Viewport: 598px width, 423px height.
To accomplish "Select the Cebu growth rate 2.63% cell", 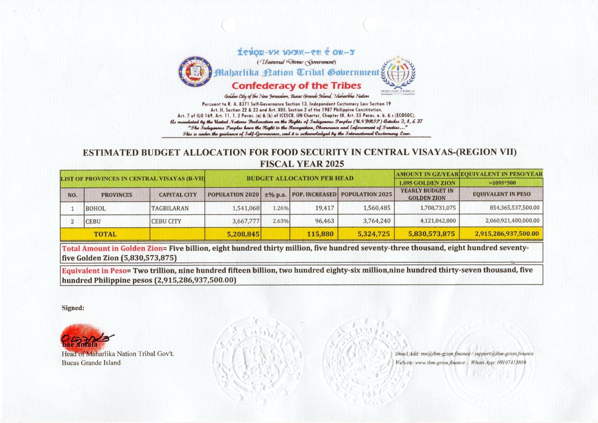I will click(280, 221).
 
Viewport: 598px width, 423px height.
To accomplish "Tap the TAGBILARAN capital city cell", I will click(170, 208).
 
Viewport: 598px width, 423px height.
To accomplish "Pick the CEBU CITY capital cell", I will click(166, 221).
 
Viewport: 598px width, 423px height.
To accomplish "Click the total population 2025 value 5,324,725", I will click(374, 234).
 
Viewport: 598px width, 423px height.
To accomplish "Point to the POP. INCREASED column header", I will click(314, 194).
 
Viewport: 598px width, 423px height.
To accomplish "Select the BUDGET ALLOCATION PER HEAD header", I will click(300, 179).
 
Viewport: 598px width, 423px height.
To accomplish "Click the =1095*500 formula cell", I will click(501, 183).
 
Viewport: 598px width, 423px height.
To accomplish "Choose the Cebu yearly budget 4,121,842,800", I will click(438, 221).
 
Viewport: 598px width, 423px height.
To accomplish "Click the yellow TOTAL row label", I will click(105, 234).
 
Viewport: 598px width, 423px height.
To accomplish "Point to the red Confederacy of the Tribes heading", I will click(296, 86).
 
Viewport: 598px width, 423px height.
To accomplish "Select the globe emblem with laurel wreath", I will click(398, 74).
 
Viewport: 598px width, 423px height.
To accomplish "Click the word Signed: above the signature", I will click(73, 308).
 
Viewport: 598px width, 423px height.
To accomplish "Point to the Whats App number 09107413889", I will click(511, 362).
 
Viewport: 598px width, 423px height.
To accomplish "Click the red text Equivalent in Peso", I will click(94, 271).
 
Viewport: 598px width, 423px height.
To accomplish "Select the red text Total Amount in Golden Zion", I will click(112, 248).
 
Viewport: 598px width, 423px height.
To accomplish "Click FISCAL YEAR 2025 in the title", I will click(302, 164).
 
